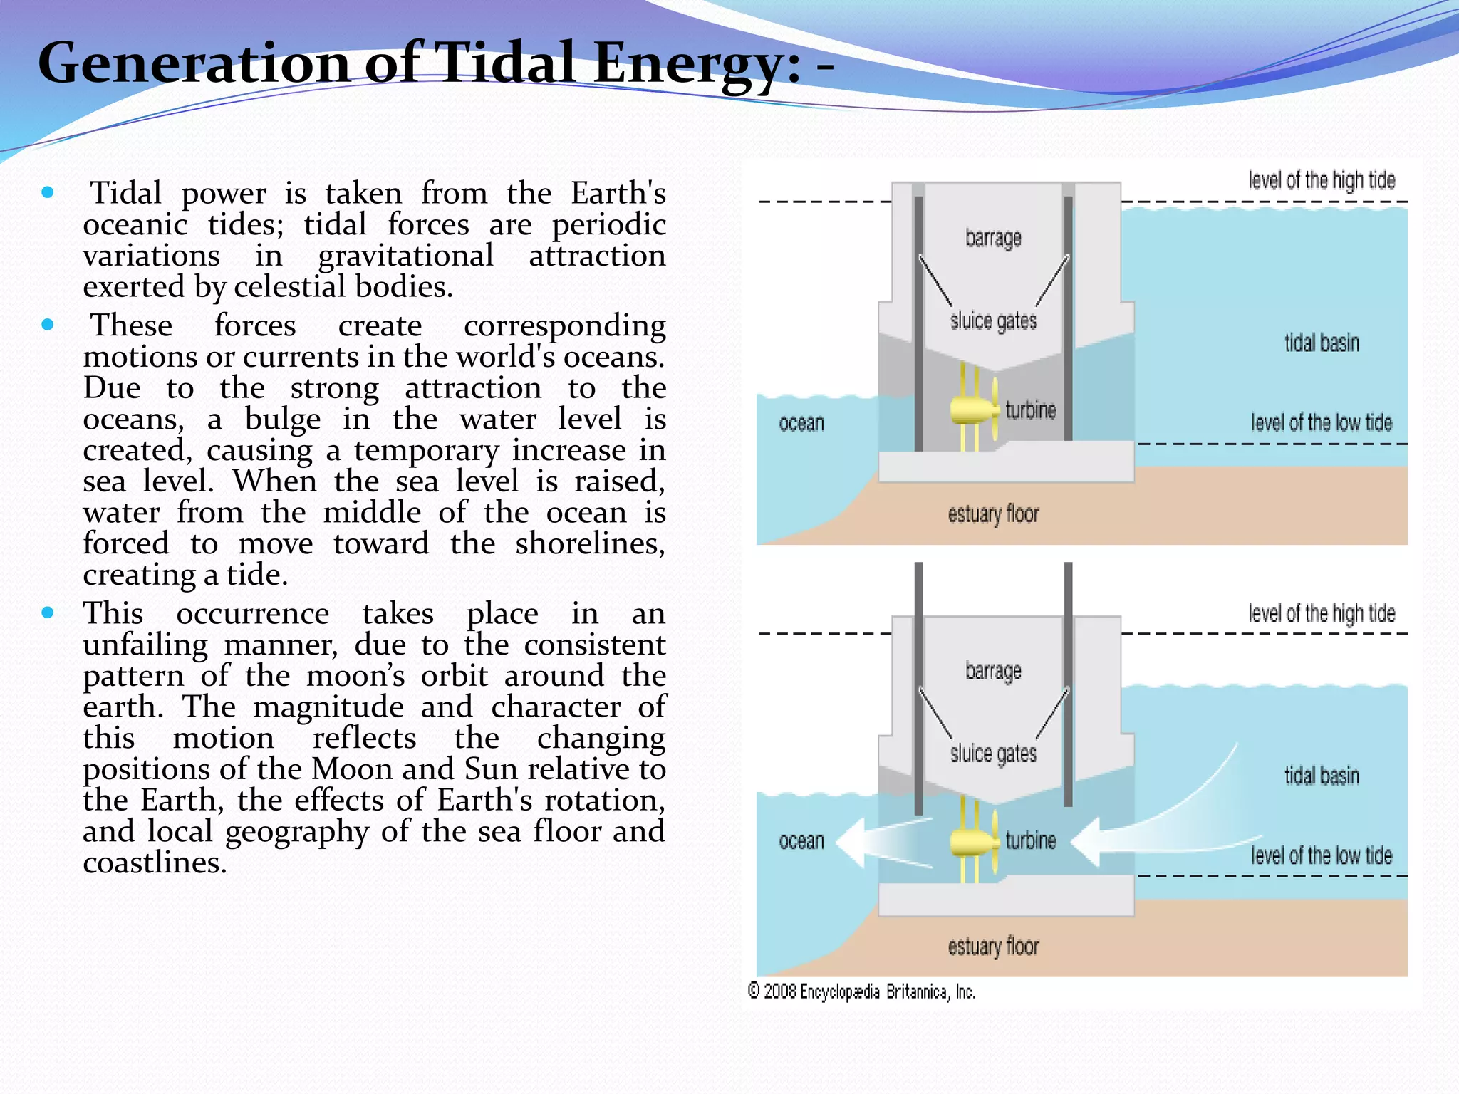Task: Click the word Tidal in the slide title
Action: [507, 63]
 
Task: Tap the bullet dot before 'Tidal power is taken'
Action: [48, 192]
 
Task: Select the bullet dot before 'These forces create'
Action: [48, 325]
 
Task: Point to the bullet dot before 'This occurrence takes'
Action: [48, 613]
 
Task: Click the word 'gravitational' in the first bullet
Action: [405, 256]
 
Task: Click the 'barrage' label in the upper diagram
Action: [993, 238]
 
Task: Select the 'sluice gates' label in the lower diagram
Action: [993, 754]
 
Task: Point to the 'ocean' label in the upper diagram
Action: [801, 424]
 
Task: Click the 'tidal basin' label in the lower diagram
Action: [1322, 776]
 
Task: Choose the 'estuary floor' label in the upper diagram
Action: [993, 514]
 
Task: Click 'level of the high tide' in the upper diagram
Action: [1322, 181]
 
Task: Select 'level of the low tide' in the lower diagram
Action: [1322, 855]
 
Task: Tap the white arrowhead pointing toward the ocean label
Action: [852, 843]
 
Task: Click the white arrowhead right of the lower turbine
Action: [1087, 843]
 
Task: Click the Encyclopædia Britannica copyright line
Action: [861, 991]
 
